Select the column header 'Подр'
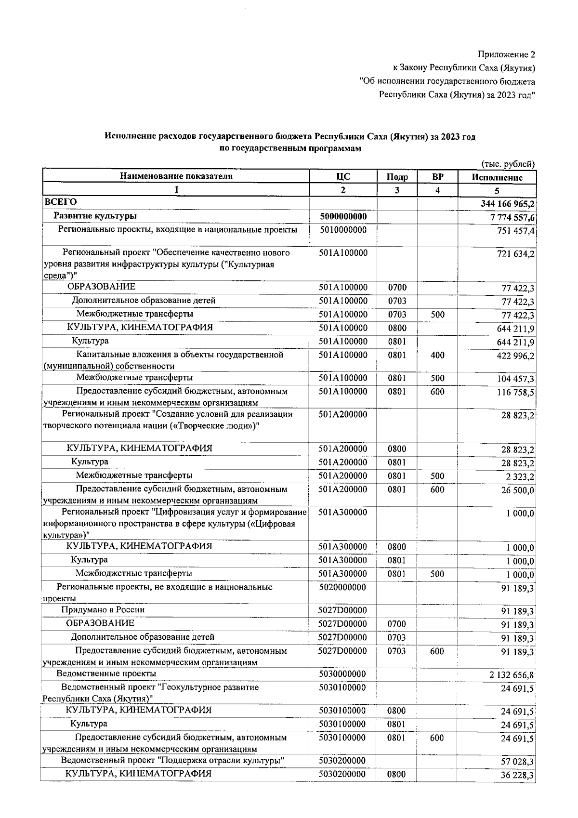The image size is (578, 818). click(397, 177)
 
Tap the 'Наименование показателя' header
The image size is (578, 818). click(176, 176)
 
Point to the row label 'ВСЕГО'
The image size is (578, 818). click(60, 202)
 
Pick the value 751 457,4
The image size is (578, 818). click(515, 231)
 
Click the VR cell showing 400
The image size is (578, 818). click(437, 356)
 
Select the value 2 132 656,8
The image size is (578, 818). click(511, 675)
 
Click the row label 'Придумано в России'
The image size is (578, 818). click(103, 610)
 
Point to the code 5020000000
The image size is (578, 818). click(342, 587)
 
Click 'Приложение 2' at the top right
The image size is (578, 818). click(506, 54)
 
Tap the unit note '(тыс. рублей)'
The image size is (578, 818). click(508, 164)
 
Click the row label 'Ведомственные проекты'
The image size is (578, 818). click(106, 673)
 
